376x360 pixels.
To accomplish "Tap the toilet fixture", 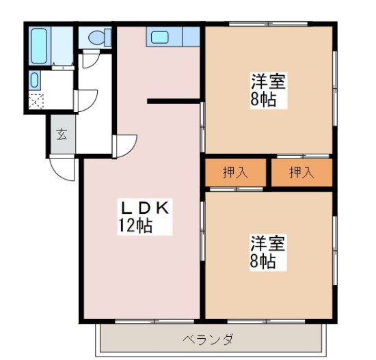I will coord(94,38).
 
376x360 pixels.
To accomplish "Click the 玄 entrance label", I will coord(61,134).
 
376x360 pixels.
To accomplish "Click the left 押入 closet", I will coord(235,173).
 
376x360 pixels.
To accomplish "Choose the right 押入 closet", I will coord(301,173).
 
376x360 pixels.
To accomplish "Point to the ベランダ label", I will coord(209,339).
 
